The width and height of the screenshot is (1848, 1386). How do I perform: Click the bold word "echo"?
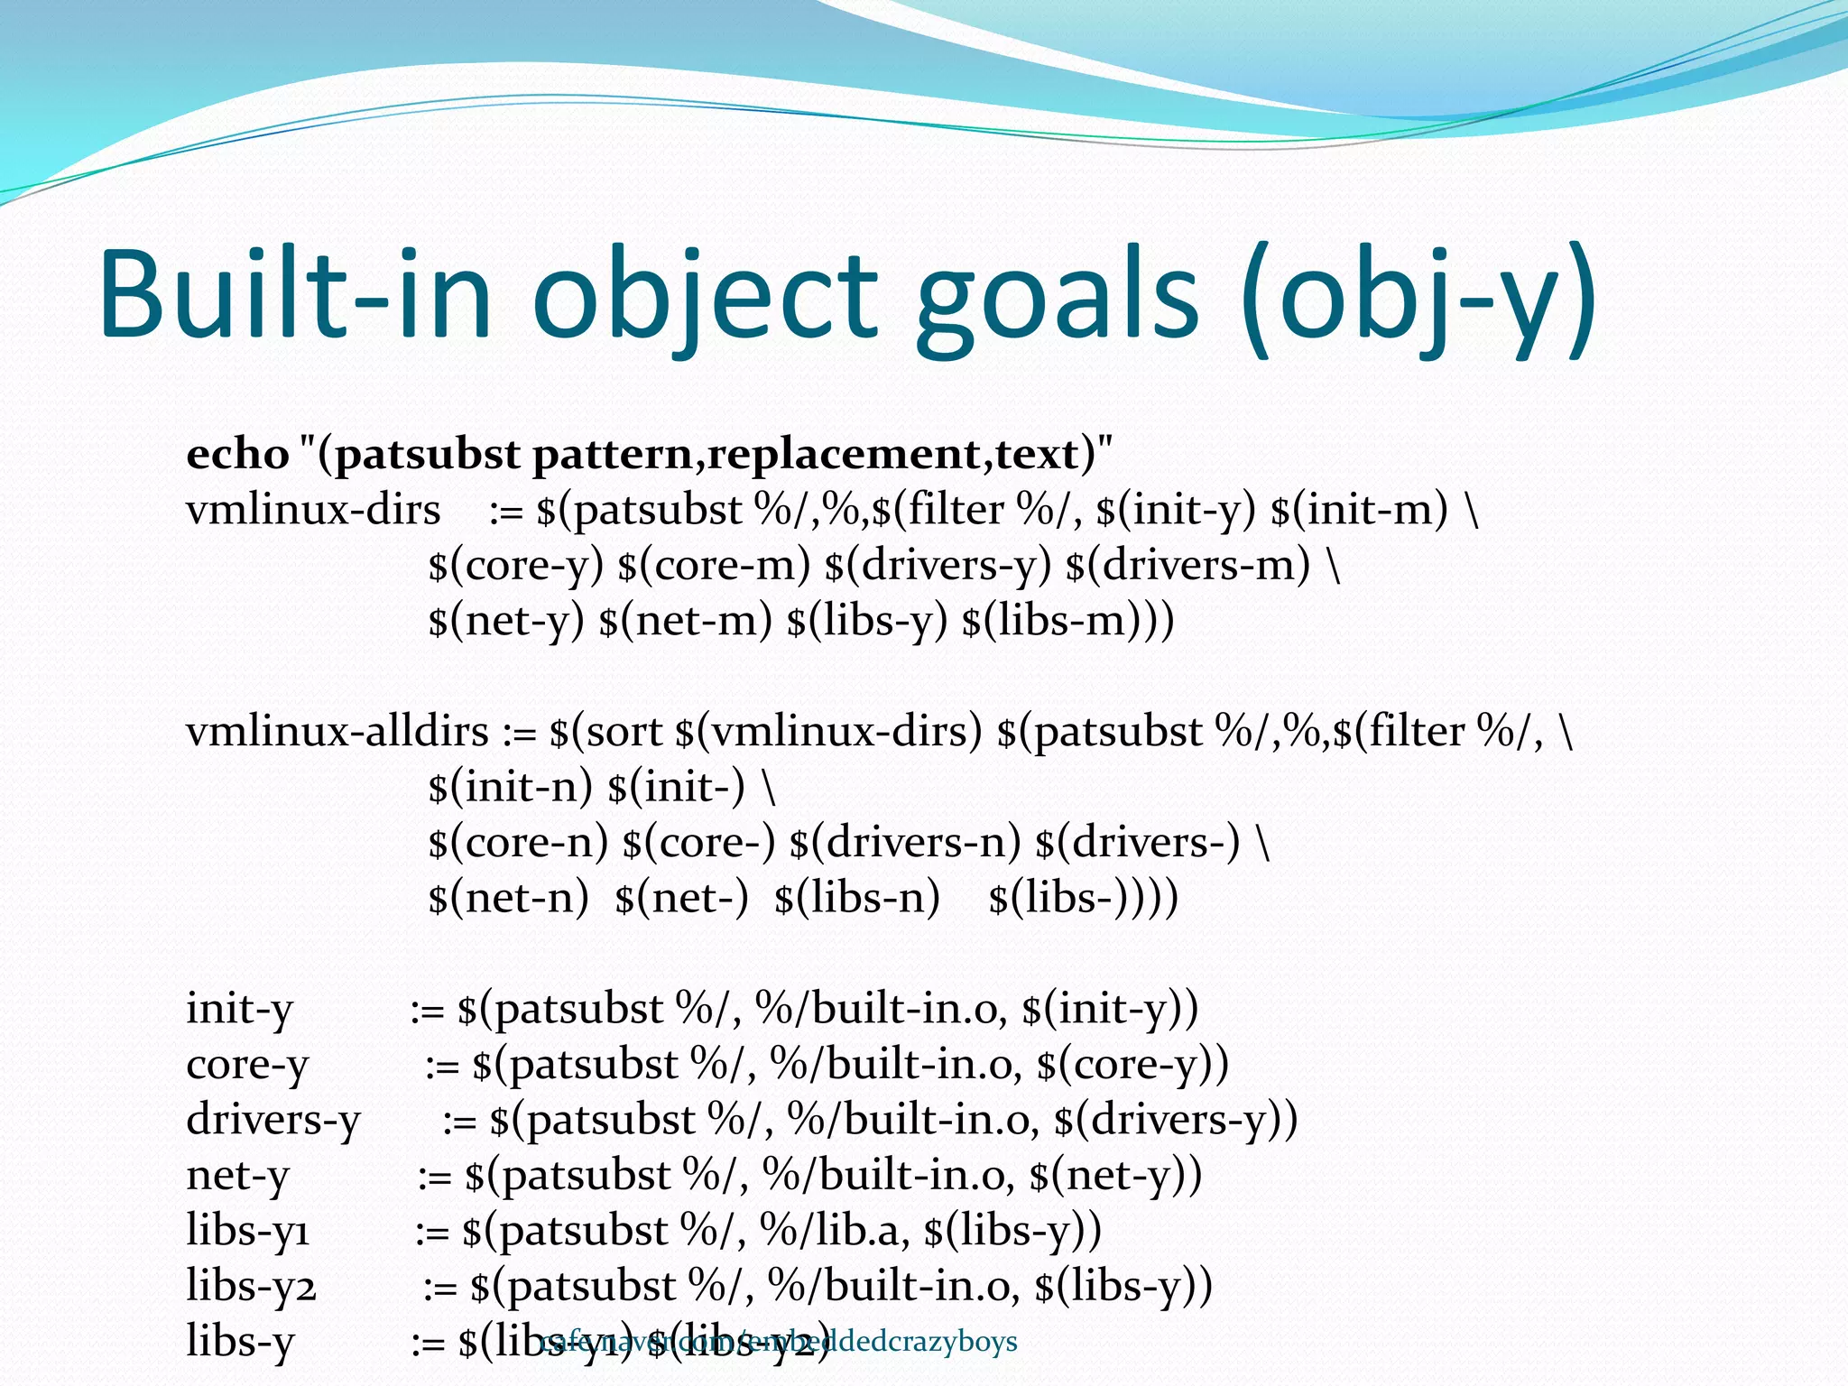point(237,453)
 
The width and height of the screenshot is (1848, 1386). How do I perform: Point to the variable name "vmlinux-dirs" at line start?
point(313,510)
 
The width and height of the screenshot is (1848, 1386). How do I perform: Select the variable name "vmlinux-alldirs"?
point(337,731)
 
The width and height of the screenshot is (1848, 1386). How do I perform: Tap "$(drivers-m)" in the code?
point(1187,566)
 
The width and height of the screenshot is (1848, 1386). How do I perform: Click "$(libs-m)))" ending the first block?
point(1068,621)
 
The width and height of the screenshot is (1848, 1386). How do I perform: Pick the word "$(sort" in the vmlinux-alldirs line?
point(605,731)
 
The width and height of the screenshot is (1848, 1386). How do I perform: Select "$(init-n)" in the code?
point(510,787)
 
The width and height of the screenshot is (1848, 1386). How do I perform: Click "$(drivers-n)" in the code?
point(904,842)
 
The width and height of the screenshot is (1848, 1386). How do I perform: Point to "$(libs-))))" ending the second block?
point(1083,898)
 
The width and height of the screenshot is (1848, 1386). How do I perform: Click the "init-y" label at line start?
point(239,1009)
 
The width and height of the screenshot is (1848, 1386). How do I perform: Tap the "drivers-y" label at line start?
point(273,1120)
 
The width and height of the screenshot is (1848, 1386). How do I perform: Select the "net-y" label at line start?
point(237,1176)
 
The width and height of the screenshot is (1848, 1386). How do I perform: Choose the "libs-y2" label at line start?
point(251,1286)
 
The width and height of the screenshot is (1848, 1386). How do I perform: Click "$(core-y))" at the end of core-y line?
point(1132,1065)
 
